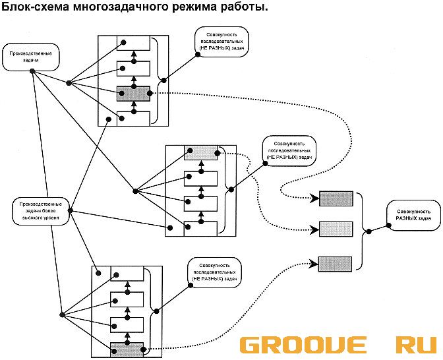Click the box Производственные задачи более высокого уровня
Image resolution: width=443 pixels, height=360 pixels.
tap(41, 210)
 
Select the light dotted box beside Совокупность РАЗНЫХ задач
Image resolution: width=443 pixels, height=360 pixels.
tap(336, 229)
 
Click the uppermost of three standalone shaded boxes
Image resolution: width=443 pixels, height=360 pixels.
tap(336, 198)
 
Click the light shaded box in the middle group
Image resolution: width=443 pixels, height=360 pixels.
tap(201, 153)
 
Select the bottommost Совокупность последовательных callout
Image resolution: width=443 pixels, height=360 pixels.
tap(214, 272)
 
